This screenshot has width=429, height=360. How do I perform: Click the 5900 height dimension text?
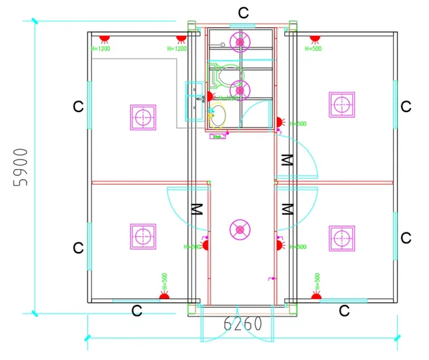(22, 167)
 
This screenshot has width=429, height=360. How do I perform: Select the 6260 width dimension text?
(242, 324)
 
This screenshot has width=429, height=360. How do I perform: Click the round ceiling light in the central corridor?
(239, 230)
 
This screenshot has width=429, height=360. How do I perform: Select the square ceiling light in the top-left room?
(143, 117)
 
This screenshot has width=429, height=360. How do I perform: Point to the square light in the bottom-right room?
(341, 238)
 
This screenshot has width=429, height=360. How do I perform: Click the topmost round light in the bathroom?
(239, 43)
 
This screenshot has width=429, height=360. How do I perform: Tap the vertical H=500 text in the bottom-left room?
(164, 281)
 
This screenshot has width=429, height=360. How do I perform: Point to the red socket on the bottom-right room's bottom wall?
(316, 296)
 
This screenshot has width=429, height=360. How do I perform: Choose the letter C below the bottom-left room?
(136, 311)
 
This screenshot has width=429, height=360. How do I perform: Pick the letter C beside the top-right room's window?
(406, 107)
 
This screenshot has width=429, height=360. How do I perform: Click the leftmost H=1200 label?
(100, 49)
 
